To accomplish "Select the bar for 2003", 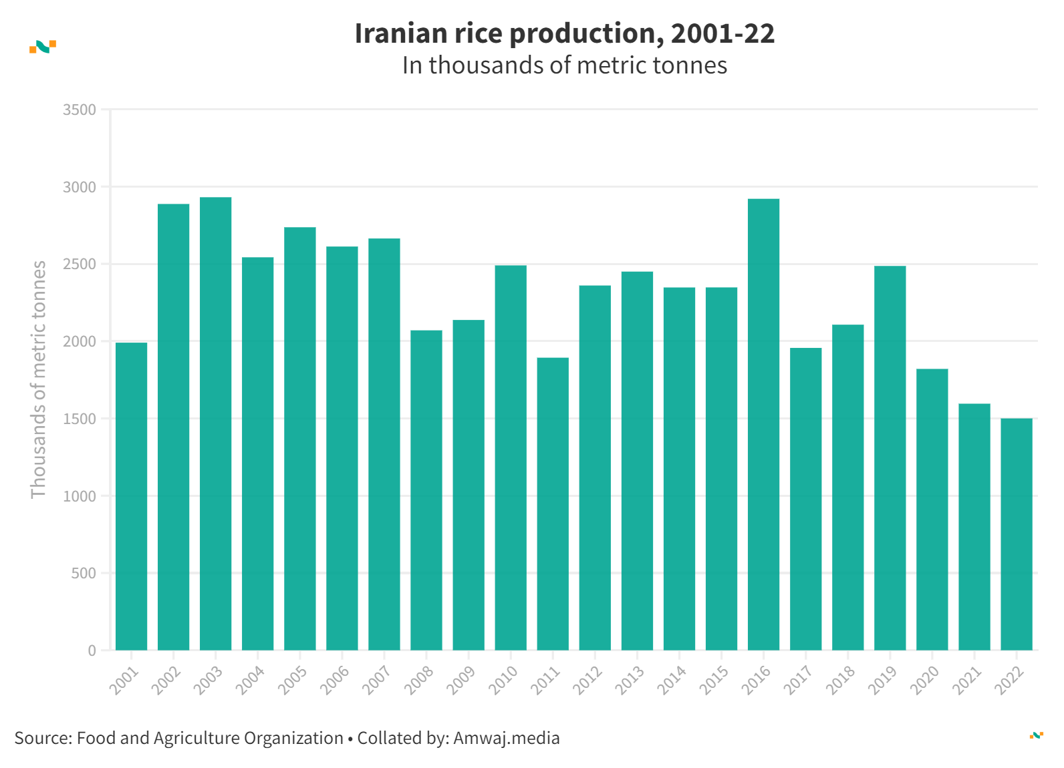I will click(215, 423).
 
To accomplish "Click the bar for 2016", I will click(763, 424).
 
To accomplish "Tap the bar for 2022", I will click(1016, 534).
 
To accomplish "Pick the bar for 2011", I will click(553, 504).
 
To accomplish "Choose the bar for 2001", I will click(131, 496).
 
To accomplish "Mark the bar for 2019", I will click(890, 457).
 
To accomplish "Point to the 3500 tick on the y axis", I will click(80, 110).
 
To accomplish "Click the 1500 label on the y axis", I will click(80, 419).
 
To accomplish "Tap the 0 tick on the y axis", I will click(92, 651).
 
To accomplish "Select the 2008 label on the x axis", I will click(420, 681).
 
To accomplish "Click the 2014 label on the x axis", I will click(673, 681).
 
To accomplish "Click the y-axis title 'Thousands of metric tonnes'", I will click(39, 379).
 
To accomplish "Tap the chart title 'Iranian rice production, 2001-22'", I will click(564, 33).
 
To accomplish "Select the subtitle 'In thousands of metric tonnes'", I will click(564, 65).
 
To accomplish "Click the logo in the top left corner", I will click(43, 47).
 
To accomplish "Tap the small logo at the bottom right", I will click(1036, 735).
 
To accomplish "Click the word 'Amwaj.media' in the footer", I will click(506, 738).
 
